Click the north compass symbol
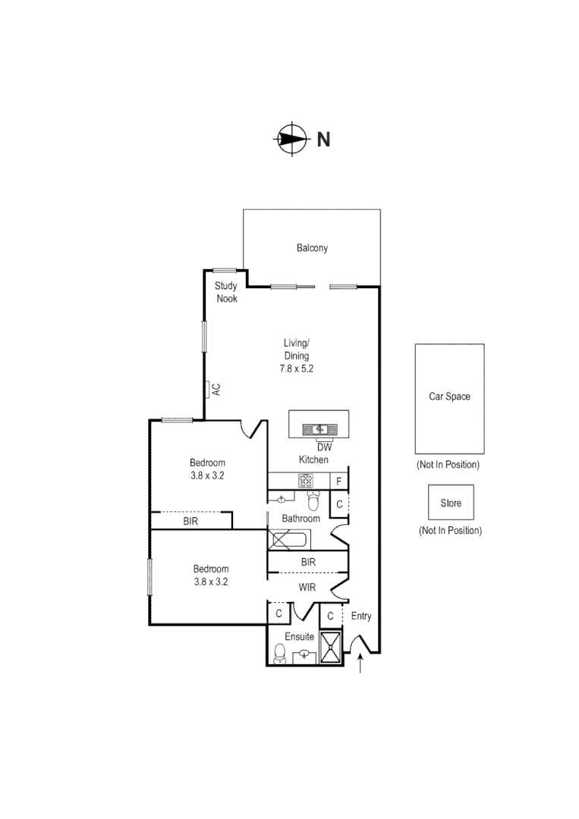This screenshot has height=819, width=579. tap(289, 139)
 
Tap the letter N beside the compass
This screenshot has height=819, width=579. tap(323, 140)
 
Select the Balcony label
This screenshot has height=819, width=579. tap(312, 248)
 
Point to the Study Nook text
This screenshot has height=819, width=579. tap(226, 292)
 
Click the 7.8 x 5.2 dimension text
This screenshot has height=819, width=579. tap(297, 369)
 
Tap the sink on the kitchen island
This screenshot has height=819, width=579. tap(319, 429)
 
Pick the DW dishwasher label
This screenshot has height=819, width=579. tap(325, 447)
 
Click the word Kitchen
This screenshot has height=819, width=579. tap(313, 460)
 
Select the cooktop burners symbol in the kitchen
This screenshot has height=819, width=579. tap(306, 480)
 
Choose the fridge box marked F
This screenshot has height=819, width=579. tap(339, 481)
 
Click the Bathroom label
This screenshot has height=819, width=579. tap(301, 519)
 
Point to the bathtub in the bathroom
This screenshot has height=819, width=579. tap(288, 540)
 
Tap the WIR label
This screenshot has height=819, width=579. tap(307, 588)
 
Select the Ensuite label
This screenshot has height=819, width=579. tap(300, 636)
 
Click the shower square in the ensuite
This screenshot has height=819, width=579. tap(332, 647)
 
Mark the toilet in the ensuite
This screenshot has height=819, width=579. tap(279, 653)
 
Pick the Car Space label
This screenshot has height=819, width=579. tap(449, 397)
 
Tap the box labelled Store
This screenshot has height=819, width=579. tap(451, 503)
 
